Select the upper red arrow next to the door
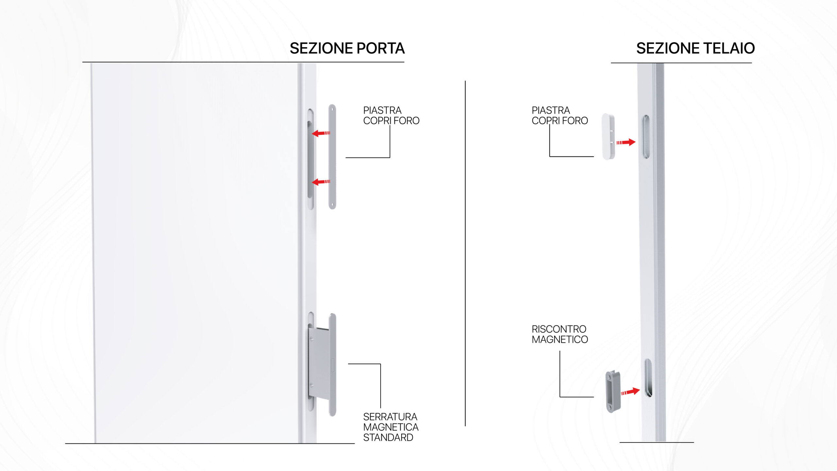(321, 133)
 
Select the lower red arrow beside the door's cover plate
(321, 182)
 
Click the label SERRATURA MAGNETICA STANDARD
(390, 427)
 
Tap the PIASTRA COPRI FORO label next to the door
(391, 115)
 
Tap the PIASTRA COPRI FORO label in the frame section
(559, 115)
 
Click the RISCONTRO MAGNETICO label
(559, 334)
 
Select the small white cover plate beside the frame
(608, 136)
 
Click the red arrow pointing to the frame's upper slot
(626, 142)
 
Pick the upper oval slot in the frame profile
(646, 137)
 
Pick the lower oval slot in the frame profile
(648, 378)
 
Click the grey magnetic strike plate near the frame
(613, 392)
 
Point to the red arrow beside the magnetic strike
(630, 392)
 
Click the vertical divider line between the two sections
(465, 253)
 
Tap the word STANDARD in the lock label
(388, 437)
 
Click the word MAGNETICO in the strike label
(559, 340)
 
